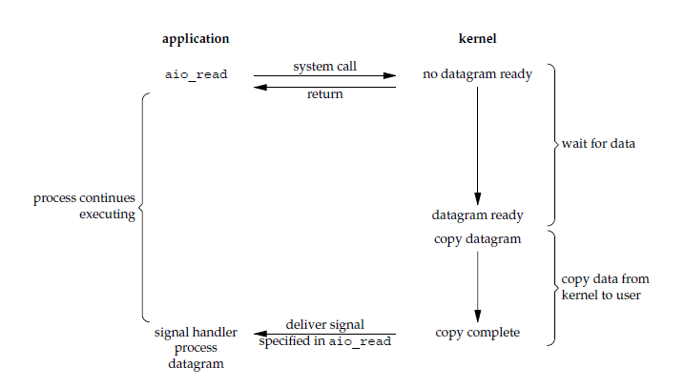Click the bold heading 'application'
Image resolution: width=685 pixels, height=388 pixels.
tap(196, 39)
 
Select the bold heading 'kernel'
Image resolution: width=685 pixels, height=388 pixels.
tap(477, 39)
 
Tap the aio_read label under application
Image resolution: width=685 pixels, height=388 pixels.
tap(196, 74)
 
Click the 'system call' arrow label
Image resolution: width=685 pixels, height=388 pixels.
tap(325, 67)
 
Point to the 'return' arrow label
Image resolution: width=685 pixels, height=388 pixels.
tap(325, 95)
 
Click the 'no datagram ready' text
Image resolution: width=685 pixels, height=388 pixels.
tap(478, 73)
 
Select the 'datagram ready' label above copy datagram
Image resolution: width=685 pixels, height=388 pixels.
tap(478, 215)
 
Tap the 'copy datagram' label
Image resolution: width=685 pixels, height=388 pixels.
tap(478, 238)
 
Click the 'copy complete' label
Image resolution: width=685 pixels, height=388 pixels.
tap(478, 333)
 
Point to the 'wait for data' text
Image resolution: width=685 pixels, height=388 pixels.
tap(598, 144)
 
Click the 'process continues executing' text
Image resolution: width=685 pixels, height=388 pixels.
tap(85, 207)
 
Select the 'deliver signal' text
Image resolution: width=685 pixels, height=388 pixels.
tap(325, 325)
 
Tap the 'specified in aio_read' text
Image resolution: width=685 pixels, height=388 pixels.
tap(325, 341)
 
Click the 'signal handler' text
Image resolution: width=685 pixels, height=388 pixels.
tap(189, 333)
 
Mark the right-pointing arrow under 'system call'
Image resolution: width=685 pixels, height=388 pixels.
tap(325, 75)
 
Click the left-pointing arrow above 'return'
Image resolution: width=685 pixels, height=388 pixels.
tap(325, 87)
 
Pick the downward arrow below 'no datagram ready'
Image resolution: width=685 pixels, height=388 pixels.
tap(478, 143)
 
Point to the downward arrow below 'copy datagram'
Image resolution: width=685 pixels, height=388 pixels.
tap(478, 286)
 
